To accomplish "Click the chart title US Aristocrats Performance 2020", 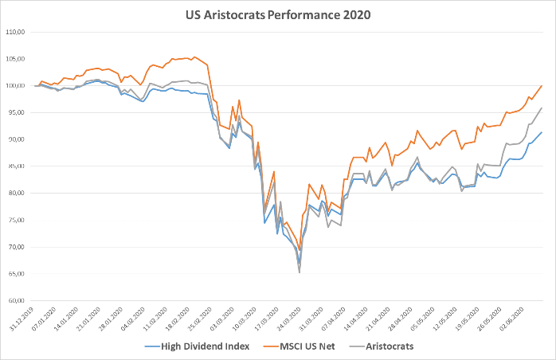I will [278, 14].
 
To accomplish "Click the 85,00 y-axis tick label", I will [17, 166].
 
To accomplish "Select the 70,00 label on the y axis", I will [17, 247].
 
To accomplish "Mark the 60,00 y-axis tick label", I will [17, 301].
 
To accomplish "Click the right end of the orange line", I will [542, 85].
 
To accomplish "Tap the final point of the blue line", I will [542, 132].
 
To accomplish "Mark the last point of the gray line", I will [542, 108].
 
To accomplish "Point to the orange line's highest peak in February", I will [194, 57].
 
